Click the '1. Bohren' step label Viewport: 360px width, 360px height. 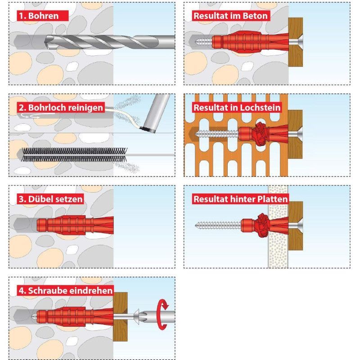(x=39, y=16)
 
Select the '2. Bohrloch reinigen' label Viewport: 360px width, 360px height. (x=61, y=108)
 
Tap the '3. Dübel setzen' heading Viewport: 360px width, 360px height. (x=50, y=199)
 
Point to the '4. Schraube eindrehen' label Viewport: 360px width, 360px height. (x=66, y=291)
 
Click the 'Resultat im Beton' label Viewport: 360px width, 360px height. (x=230, y=16)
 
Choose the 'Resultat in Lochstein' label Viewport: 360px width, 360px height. (x=237, y=108)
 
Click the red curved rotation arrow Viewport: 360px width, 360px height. (x=162, y=315)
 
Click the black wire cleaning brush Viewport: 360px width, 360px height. (x=75, y=154)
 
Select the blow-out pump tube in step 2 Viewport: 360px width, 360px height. (x=157, y=113)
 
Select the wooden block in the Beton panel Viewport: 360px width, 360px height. (x=296, y=42)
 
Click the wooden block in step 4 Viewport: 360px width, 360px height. (x=120, y=316)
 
